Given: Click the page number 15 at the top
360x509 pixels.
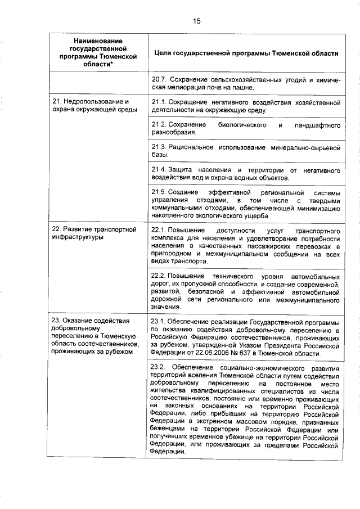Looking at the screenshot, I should (197, 21).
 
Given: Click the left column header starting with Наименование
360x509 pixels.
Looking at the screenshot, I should (98, 53).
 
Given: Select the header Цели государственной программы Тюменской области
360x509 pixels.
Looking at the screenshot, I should (245, 53).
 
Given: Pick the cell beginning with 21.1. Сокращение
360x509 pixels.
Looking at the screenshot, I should (246, 106).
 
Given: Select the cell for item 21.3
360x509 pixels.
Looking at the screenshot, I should (246, 151).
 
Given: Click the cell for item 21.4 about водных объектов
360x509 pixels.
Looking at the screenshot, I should (246, 174).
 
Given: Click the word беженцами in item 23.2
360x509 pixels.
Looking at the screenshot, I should (171, 430).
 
